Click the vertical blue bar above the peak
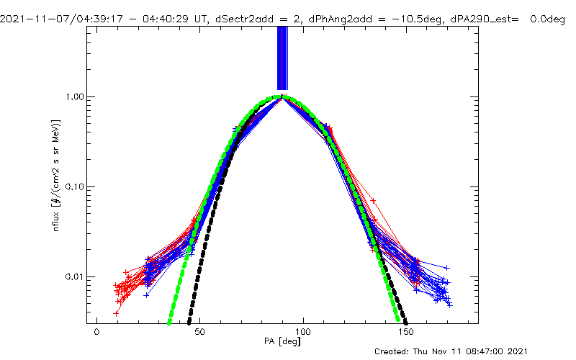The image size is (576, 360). click(282, 58)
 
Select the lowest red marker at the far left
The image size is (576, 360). click(116, 313)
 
